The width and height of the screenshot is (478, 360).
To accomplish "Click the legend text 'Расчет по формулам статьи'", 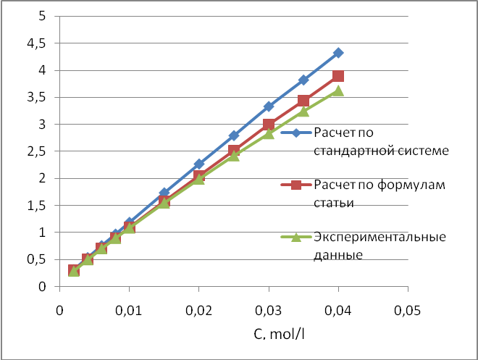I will pyautogui.click(x=379, y=193).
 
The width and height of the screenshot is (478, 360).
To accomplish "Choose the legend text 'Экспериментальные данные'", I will pyautogui.click(x=379, y=246).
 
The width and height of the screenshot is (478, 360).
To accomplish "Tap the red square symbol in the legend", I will pyautogui.click(x=295, y=186).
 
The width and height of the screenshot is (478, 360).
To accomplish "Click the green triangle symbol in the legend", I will pyautogui.click(x=295, y=238).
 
